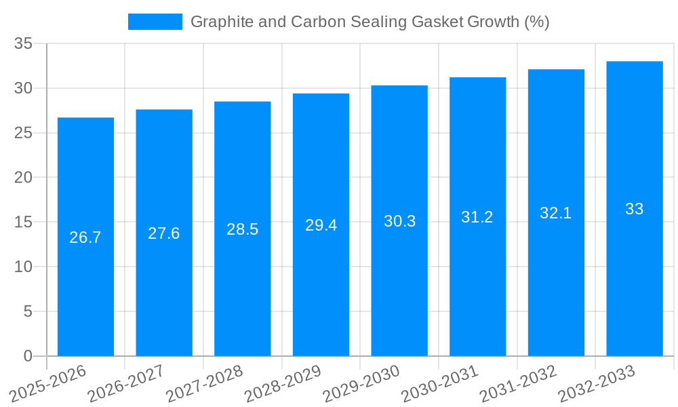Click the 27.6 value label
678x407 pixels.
tap(164, 233)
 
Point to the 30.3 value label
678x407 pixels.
tap(399, 221)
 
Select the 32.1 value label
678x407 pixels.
tap(556, 213)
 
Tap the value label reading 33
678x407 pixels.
tap(635, 209)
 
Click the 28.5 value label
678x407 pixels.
tap(243, 229)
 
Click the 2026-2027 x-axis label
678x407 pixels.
tap(125, 383)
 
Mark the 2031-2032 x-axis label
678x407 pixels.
tap(518, 383)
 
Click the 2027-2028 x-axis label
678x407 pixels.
tap(204, 383)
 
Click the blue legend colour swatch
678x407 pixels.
tap(155, 22)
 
